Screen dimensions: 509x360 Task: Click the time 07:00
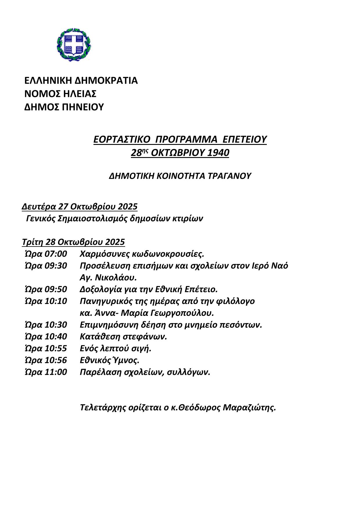pyautogui.click(x=55, y=254)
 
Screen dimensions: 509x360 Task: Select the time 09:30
pyautogui.click(x=55, y=266)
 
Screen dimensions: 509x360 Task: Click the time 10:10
pyautogui.click(x=55, y=301)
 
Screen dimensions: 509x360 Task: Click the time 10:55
pyautogui.click(x=55, y=348)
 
